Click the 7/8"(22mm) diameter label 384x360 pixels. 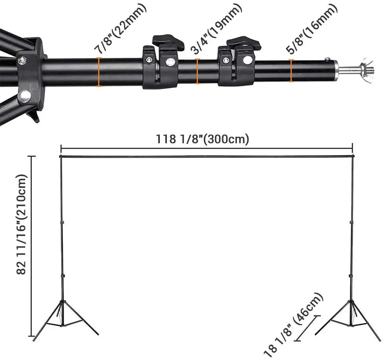point(121,28)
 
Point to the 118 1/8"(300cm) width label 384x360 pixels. point(203,139)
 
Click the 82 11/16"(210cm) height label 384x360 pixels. point(21,224)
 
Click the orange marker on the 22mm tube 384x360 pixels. point(99,72)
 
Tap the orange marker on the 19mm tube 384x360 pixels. point(197,71)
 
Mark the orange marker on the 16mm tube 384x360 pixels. point(291,71)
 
